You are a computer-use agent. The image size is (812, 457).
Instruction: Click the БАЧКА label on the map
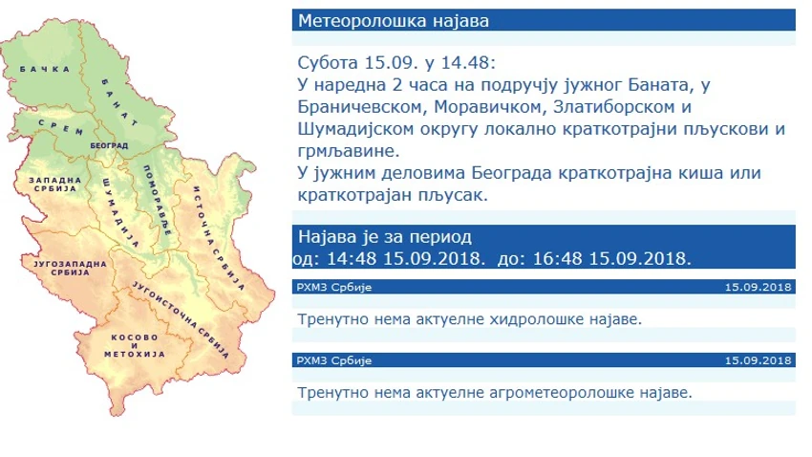(45, 69)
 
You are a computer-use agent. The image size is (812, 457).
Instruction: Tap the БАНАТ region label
(120, 102)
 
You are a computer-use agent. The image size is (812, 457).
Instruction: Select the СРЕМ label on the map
(61, 127)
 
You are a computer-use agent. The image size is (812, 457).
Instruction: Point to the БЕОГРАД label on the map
(109, 146)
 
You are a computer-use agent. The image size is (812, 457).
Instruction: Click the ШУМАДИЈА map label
(121, 212)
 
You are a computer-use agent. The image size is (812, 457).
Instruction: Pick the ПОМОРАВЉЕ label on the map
(158, 201)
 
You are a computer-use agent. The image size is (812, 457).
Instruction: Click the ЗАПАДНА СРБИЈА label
(54, 185)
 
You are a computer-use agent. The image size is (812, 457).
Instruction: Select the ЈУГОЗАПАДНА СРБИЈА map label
(70, 268)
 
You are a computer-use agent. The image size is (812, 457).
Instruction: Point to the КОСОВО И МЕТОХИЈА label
(135, 345)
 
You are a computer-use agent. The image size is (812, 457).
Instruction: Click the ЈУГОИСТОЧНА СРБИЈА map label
(181, 320)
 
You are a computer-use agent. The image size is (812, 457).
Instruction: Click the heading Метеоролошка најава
(394, 21)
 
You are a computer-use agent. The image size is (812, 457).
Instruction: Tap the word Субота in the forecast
(328, 63)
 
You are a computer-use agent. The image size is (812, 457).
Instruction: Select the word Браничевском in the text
(359, 107)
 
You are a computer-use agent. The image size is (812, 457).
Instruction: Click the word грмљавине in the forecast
(349, 151)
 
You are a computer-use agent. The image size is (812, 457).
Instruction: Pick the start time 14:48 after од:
(352, 258)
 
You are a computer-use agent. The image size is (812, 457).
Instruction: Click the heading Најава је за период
(385, 237)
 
